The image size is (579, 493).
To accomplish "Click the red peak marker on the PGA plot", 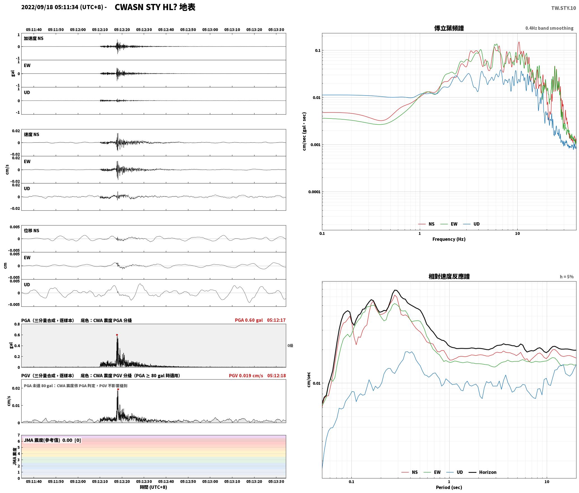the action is click(117, 335).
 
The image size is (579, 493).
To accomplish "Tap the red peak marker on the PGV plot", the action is click(118, 389).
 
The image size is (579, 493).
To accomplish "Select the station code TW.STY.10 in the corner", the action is click(564, 8).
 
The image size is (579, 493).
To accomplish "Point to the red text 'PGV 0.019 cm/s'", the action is click(246, 376).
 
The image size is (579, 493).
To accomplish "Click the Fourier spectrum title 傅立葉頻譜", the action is click(449, 28).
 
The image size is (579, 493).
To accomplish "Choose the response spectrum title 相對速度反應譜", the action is click(449, 276).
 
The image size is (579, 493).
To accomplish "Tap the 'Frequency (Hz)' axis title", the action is click(449, 239).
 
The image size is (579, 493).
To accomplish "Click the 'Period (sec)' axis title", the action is click(449, 487).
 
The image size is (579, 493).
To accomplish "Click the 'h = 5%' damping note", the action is click(567, 277).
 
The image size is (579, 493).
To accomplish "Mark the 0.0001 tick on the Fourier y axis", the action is click(314, 192).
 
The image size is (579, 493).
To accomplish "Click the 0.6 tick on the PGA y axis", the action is click(17, 335).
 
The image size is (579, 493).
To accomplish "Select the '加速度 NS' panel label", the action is click(34, 38).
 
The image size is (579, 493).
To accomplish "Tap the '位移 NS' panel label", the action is click(32, 231).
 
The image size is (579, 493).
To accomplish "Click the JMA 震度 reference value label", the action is click(52, 440).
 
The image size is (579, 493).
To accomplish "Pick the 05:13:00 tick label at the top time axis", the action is click(210, 29).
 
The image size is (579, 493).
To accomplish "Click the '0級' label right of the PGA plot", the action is click(290, 346).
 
